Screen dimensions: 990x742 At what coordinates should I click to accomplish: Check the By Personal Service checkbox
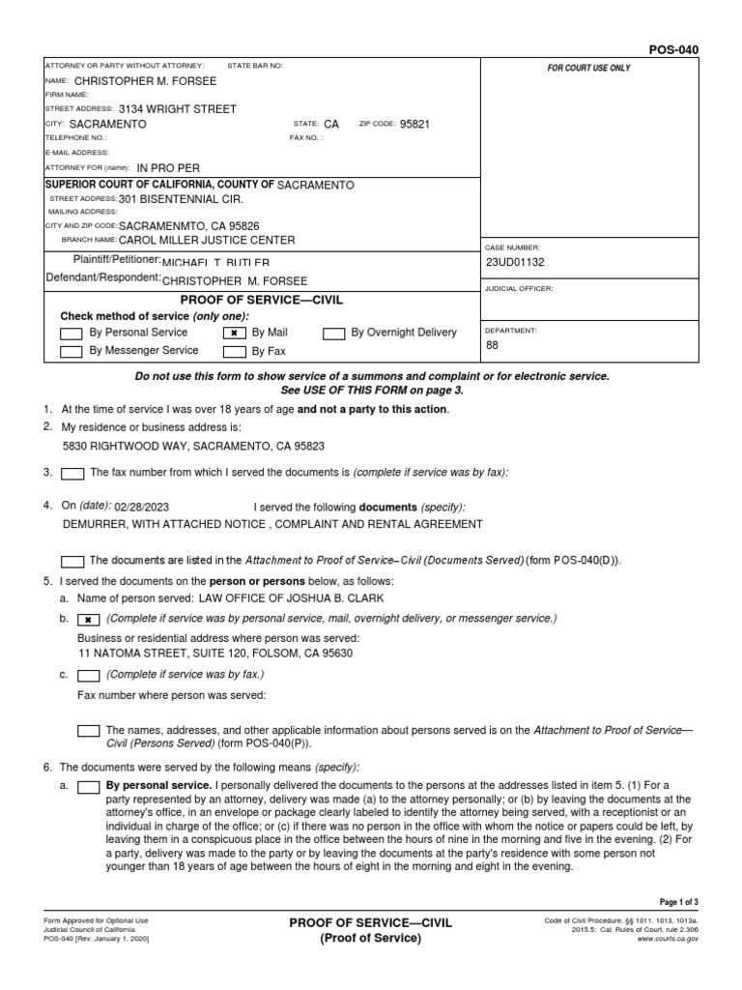(71, 334)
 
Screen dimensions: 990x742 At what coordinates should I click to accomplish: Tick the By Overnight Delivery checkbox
(333, 334)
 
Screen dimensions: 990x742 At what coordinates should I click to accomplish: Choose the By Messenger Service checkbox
(71, 352)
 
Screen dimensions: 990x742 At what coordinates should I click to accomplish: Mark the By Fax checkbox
(234, 352)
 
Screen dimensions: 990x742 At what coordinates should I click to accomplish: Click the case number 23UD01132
(517, 261)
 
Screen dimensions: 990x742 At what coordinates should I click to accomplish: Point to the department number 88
(493, 344)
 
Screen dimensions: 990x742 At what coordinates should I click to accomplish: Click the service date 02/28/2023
(141, 507)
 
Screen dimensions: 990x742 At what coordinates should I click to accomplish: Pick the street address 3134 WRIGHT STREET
(177, 109)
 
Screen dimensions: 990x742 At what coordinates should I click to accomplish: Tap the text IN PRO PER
(169, 167)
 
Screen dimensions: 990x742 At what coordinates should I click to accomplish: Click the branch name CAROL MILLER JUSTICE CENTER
(207, 240)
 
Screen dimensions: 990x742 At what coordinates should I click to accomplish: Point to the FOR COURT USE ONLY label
(588, 69)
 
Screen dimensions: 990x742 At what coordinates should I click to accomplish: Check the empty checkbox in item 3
(71, 473)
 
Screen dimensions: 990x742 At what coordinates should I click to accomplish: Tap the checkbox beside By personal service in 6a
(88, 787)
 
